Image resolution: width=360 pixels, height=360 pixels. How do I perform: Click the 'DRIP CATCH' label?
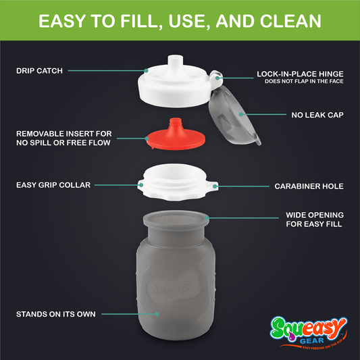pyautogui.click(x=38, y=69)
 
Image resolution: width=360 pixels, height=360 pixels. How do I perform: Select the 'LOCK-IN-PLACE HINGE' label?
pyautogui.click(x=301, y=74)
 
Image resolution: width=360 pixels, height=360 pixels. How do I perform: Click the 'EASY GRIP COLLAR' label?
pyautogui.click(x=53, y=184)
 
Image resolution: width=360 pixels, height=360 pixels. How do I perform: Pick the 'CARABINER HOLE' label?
pyautogui.click(x=309, y=185)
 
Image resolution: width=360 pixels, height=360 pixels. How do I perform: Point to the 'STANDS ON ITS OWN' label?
pyautogui.click(x=56, y=314)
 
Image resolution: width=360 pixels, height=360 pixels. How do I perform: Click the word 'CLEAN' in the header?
pyautogui.click(x=283, y=21)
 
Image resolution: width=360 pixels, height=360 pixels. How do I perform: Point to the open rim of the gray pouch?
pyautogui.click(x=178, y=217)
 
